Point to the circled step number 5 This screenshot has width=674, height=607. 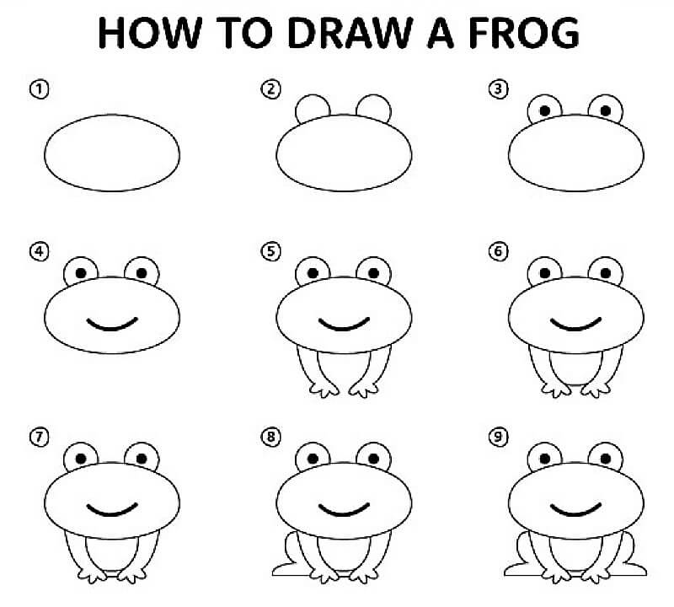click(x=270, y=250)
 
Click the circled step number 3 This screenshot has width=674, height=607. click(x=500, y=89)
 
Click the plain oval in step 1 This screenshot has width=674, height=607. click(x=111, y=152)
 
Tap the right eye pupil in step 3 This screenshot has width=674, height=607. click(x=604, y=109)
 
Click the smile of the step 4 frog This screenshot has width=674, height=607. click(x=111, y=324)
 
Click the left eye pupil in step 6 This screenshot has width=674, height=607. click(x=545, y=272)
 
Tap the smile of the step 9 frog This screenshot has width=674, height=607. click(x=577, y=509)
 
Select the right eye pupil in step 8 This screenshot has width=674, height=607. click(x=372, y=458)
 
